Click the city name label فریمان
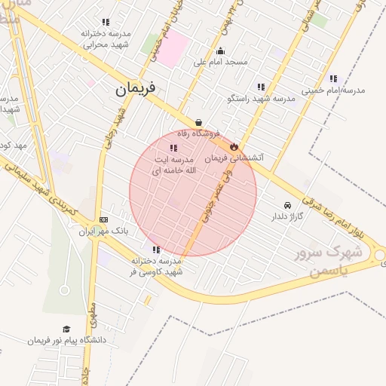click(x=136, y=89)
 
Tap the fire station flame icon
click(x=234, y=146)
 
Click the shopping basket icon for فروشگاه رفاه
click(x=198, y=121)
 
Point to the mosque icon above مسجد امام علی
click(x=220, y=51)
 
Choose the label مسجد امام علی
click(x=221, y=62)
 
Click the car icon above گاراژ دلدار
click(x=287, y=205)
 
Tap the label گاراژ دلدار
click(x=287, y=216)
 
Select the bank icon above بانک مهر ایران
click(x=104, y=219)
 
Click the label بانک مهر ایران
click(x=106, y=231)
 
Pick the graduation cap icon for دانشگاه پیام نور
click(x=66, y=329)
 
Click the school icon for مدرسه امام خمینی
click(x=333, y=78)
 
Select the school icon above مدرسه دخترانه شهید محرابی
click(x=105, y=23)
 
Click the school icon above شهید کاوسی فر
click(x=156, y=250)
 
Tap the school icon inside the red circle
click(x=174, y=149)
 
